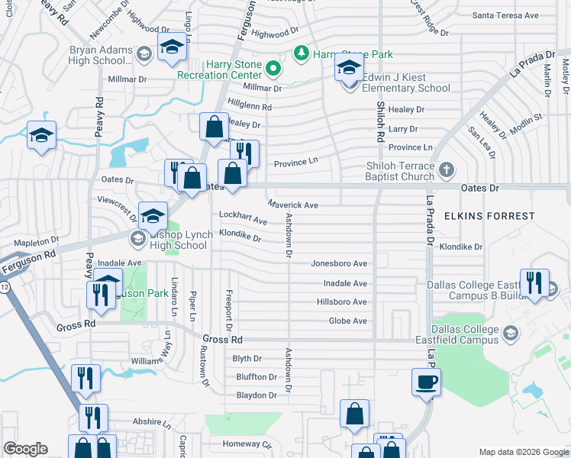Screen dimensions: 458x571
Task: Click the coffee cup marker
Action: (x=426, y=381)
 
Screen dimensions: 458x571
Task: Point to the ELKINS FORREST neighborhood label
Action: (x=499, y=216)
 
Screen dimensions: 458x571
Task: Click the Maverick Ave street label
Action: (x=293, y=205)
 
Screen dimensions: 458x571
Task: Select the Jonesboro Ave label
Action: (x=339, y=263)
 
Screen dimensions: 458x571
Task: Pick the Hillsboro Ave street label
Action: (x=341, y=302)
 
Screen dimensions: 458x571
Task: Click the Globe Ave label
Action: (x=347, y=321)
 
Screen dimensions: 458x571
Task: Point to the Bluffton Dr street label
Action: (x=256, y=377)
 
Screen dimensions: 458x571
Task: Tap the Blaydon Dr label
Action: (x=256, y=395)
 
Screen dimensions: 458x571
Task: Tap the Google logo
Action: (x=25, y=449)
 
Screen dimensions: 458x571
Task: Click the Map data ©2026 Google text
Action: (x=523, y=452)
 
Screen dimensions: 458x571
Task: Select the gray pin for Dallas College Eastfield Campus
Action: (x=509, y=334)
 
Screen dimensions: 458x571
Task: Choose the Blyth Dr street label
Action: (x=247, y=359)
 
